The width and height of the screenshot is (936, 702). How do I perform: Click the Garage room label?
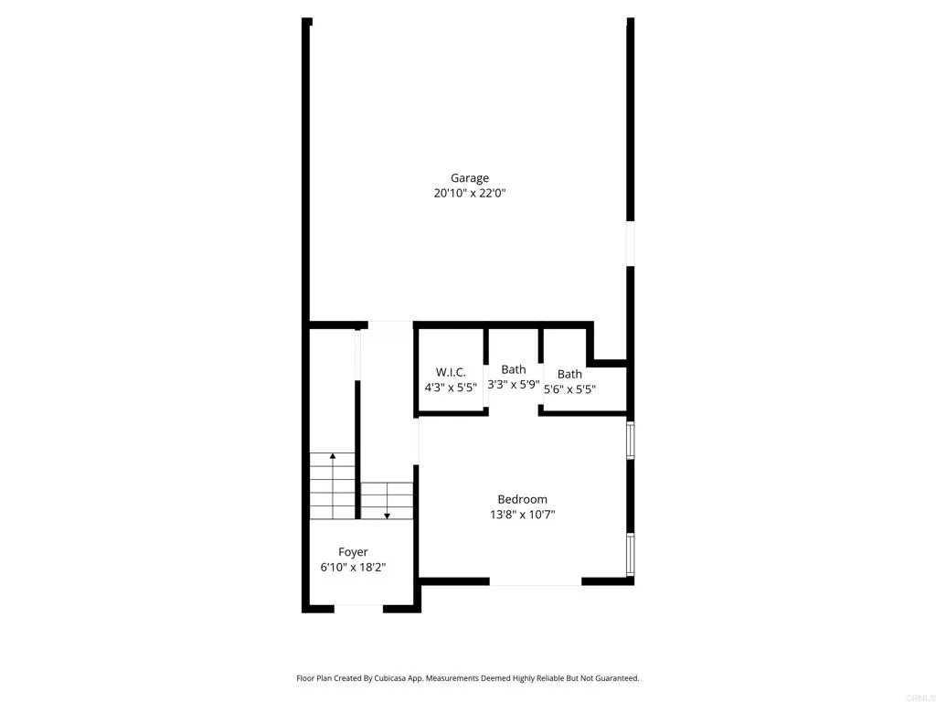469,178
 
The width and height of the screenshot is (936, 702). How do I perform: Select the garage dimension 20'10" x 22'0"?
469,194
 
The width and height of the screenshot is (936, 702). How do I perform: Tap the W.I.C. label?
451,372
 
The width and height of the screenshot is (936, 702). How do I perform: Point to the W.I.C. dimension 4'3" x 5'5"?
451,388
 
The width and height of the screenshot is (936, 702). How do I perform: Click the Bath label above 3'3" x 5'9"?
513,369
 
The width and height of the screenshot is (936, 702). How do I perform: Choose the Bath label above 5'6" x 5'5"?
569,374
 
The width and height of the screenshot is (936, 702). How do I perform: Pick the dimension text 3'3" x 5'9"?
513,385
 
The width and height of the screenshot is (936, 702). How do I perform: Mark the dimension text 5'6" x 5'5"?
569,388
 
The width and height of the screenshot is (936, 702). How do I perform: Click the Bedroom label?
522,499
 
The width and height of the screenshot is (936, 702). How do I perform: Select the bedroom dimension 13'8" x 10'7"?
522,515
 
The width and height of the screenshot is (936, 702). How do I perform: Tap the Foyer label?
353,552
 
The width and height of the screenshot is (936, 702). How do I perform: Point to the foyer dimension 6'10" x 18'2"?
353,568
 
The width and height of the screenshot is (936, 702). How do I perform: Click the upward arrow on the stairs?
333,455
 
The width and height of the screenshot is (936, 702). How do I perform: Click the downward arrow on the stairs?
387,515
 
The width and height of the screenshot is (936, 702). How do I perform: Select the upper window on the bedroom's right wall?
630,439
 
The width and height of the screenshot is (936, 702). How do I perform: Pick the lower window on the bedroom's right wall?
630,554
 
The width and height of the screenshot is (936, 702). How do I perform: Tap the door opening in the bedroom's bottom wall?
536,581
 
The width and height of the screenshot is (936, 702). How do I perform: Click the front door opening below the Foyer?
358,608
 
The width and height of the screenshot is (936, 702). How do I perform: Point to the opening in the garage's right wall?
630,243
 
